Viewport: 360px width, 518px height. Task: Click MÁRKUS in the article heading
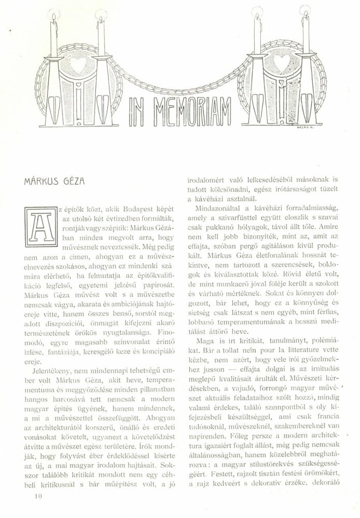41,182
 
